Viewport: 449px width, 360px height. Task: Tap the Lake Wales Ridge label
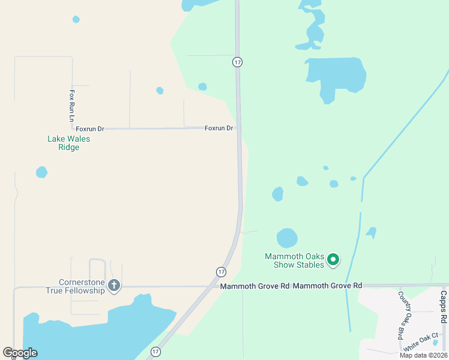click(x=68, y=143)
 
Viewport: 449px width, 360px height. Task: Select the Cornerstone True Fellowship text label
click(x=82, y=286)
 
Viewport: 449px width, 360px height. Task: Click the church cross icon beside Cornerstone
click(x=114, y=286)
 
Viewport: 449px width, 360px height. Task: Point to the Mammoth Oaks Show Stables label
click(x=294, y=260)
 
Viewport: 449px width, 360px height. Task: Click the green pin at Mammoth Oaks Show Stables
click(x=334, y=260)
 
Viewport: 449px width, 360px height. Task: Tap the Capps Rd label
click(x=443, y=306)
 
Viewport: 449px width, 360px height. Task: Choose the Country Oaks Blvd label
click(x=402, y=314)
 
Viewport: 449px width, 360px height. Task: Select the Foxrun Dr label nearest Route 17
click(x=218, y=128)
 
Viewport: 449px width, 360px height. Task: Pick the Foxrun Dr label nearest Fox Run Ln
click(x=90, y=128)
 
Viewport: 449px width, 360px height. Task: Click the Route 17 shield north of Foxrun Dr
click(x=238, y=62)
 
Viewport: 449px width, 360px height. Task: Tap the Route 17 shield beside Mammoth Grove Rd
click(x=221, y=272)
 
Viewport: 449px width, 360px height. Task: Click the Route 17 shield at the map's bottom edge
click(x=156, y=352)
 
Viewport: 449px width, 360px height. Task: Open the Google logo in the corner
click(x=20, y=353)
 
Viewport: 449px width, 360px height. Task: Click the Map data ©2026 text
click(x=423, y=355)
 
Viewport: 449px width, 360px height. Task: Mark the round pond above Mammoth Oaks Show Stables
click(x=287, y=238)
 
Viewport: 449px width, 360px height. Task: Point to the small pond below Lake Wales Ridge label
click(x=41, y=172)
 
